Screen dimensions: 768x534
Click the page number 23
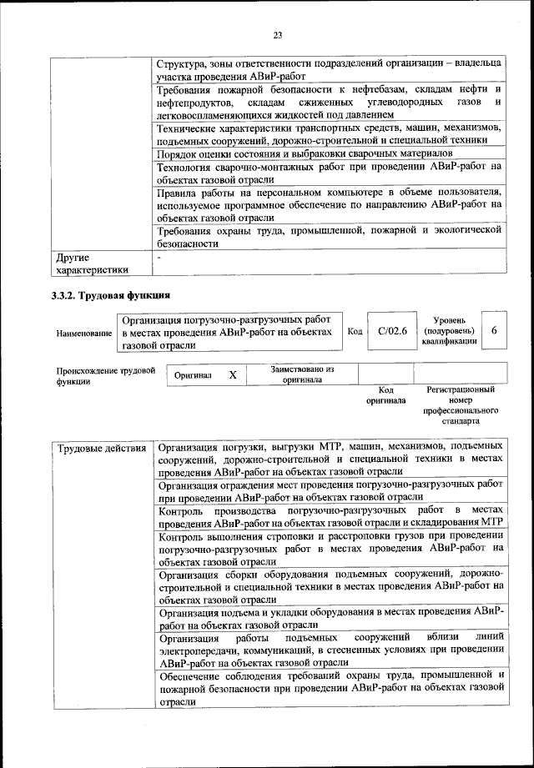click(x=278, y=34)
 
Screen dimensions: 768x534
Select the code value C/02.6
click(x=391, y=332)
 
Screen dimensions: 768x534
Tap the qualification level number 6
click(x=494, y=332)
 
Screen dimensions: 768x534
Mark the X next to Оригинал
click(x=233, y=374)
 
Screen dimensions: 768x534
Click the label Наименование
click(x=84, y=334)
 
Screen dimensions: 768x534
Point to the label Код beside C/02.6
click(x=354, y=332)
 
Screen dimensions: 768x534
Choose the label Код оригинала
click(x=385, y=395)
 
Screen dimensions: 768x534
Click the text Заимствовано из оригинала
click(x=302, y=374)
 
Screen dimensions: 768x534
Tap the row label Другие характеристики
click(x=92, y=264)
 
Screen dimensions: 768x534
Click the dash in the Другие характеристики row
click(x=159, y=259)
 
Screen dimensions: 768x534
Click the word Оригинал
click(x=193, y=375)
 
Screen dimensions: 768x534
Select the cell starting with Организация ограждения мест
click(x=331, y=490)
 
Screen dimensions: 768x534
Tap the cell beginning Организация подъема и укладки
click(x=331, y=618)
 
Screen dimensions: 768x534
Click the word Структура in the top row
click(x=182, y=63)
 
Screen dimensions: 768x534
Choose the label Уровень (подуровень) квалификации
click(x=455, y=331)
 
